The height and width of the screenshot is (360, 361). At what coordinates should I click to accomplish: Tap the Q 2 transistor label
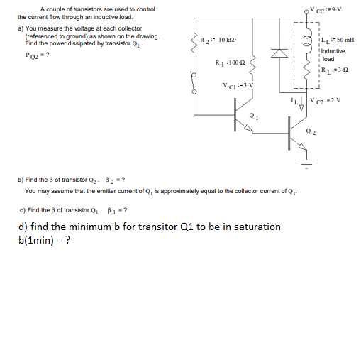313,131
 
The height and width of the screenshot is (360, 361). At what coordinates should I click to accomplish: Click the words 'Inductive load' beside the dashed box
333,55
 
